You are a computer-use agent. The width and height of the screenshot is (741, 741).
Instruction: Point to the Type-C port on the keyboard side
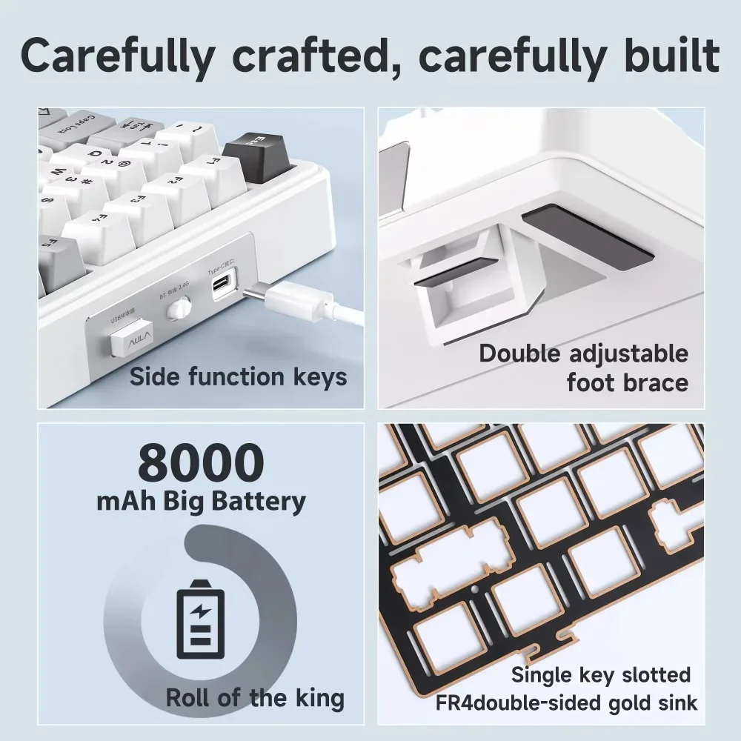tap(222, 285)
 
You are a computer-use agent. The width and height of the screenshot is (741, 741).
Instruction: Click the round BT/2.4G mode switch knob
tap(176, 309)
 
